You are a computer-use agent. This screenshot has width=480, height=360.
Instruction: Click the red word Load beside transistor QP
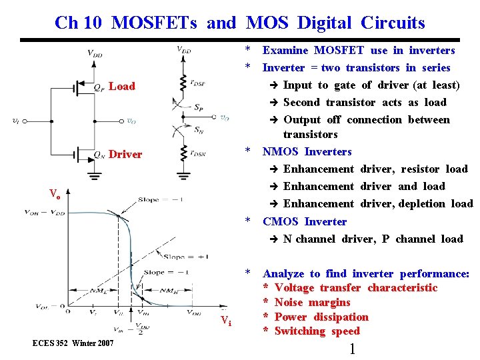(122, 86)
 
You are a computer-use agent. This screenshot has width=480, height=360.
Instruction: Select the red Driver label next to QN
(125, 154)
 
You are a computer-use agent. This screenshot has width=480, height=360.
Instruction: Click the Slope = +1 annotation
(180, 257)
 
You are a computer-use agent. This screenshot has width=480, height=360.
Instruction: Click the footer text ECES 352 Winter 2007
(73, 343)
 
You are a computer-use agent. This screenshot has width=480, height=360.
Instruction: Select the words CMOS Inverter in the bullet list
(305, 221)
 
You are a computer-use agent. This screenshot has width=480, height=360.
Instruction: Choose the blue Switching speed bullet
(317, 331)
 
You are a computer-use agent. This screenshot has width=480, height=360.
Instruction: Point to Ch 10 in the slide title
(77, 23)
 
